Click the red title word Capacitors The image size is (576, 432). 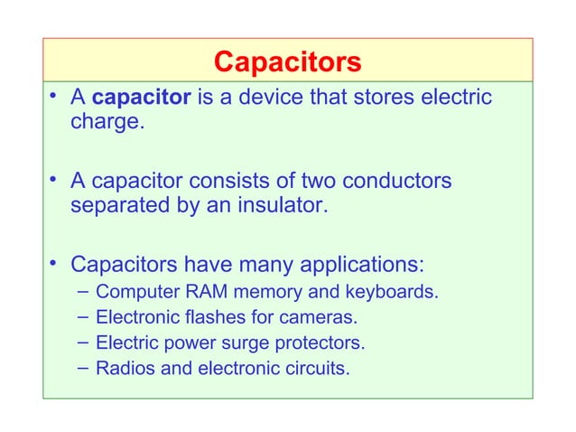coord(287,61)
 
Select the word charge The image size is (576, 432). coord(105,122)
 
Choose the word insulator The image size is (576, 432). coord(283,207)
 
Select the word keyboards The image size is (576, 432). coord(394,293)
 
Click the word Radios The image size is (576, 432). coord(124,369)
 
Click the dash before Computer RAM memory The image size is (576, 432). coord(83,292)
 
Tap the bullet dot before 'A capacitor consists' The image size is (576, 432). coord(56,179)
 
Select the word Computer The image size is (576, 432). coord(135,293)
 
